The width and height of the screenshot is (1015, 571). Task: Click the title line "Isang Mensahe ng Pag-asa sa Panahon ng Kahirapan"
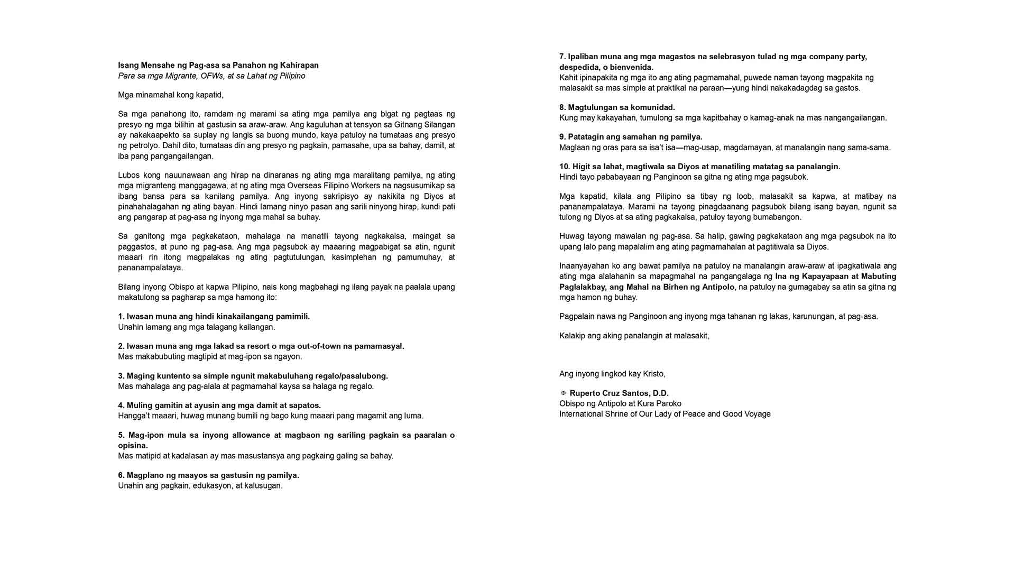pos(218,65)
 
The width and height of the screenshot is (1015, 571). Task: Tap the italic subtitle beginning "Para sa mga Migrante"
pos(211,76)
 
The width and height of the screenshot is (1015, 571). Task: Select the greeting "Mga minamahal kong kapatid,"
pos(171,95)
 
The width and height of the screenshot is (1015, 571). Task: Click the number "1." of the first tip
pos(121,317)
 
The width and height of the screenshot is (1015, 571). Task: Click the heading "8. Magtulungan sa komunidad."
pos(617,107)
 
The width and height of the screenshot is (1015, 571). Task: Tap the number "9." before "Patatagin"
pos(562,137)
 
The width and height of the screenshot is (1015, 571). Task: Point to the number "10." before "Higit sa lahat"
pos(565,167)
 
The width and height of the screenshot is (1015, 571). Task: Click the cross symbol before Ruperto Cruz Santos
pos(563,393)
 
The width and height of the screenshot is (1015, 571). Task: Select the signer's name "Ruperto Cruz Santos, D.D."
pos(619,393)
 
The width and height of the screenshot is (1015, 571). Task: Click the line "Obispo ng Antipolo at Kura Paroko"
pos(620,403)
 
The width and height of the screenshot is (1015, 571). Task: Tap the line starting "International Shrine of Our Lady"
pos(665,414)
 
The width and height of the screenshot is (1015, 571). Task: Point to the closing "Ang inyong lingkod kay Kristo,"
pos(612,374)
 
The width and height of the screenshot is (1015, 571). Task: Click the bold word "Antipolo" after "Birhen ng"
pos(718,287)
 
